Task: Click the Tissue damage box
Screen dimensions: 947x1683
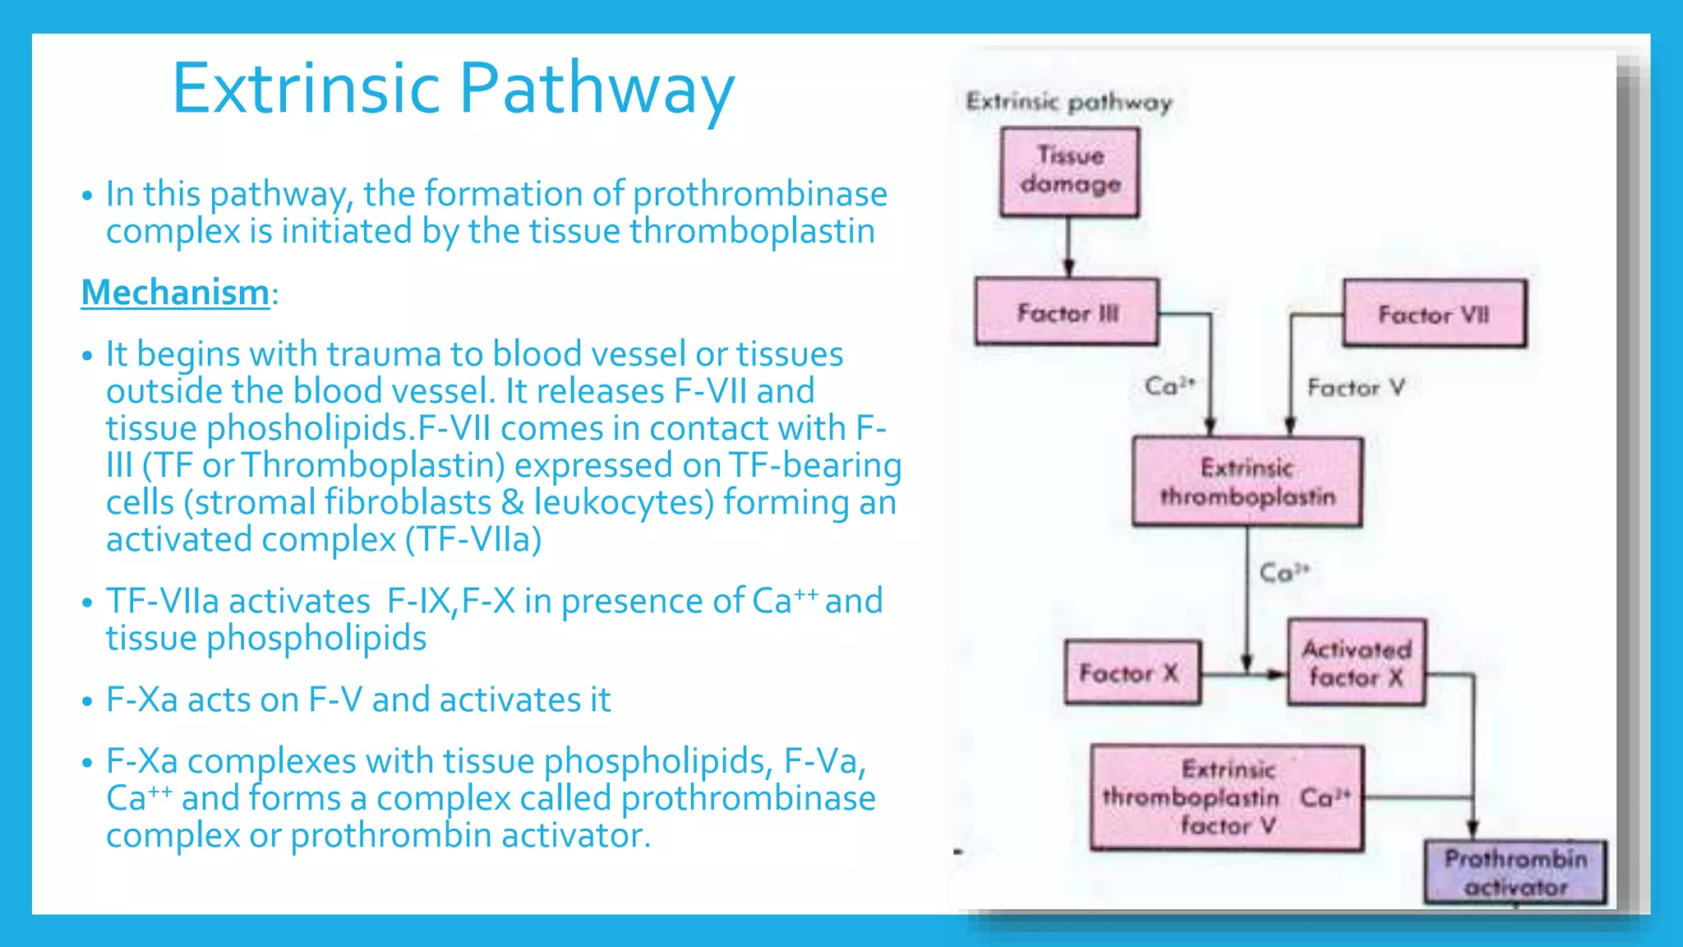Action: (x=1069, y=172)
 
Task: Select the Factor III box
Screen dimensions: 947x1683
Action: (x=1067, y=312)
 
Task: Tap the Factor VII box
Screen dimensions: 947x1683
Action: (x=1434, y=314)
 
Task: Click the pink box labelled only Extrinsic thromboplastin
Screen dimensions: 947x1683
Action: (x=1247, y=482)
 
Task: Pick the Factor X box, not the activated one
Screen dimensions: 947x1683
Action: (x=1131, y=673)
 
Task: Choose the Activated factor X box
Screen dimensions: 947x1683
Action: (x=1356, y=663)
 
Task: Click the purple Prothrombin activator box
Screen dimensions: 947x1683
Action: (x=1515, y=872)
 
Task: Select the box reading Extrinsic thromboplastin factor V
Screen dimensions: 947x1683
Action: (x=1226, y=797)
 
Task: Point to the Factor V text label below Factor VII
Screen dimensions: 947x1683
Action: (x=1356, y=387)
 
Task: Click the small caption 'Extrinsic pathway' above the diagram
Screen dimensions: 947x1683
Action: (x=1068, y=102)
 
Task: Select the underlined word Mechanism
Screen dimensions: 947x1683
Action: (x=175, y=293)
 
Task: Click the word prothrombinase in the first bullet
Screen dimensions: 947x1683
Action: (x=760, y=194)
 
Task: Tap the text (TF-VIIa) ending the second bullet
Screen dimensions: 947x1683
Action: (x=473, y=540)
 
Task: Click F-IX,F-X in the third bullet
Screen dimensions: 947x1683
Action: (x=450, y=601)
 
